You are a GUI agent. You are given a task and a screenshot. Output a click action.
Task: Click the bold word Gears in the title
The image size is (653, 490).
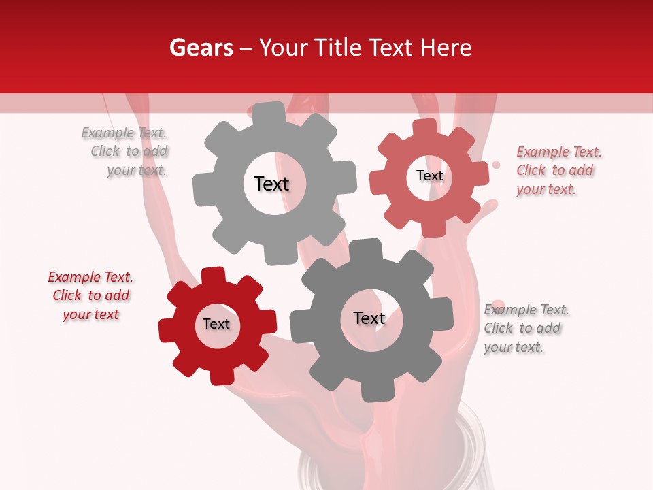point(201,48)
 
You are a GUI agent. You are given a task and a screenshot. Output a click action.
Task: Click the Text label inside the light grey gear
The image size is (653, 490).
point(271,184)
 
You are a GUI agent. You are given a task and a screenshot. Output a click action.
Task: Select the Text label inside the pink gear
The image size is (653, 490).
point(429,176)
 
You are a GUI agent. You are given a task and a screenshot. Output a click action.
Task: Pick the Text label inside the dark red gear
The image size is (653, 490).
point(216,324)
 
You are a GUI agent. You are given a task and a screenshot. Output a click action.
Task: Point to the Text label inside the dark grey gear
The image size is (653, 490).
point(369,318)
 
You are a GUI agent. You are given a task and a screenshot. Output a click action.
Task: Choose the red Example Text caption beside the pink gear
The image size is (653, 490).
point(558,171)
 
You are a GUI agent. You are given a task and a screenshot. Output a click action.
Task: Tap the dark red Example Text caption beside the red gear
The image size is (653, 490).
point(90,295)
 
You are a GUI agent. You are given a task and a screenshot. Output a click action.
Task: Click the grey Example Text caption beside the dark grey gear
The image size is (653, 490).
point(525,328)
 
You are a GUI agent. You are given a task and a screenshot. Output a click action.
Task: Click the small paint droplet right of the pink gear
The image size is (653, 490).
point(496,165)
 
